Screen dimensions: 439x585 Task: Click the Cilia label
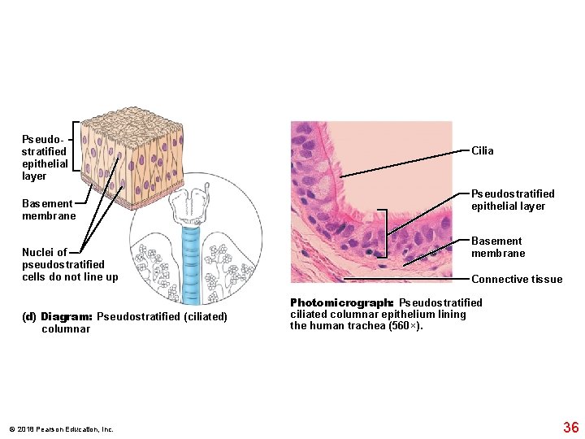[x=482, y=150]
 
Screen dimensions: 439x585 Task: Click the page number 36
[x=570, y=428]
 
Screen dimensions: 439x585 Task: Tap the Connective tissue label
[x=516, y=280]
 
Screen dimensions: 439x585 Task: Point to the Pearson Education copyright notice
[x=62, y=429]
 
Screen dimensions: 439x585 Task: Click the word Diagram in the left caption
[x=68, y=316]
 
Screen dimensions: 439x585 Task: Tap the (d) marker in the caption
[x=31, y=316]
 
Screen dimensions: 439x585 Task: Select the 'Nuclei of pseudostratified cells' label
[x=70, y=264]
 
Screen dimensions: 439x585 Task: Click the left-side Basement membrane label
[x=49, y=209]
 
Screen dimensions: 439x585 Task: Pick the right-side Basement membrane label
[x=498, y=247]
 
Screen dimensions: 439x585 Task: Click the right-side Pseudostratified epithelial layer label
[x=513, y=200]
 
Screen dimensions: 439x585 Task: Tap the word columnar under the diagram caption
[x=66, y=329]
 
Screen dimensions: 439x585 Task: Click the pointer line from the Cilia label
[x=406, y=163]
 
